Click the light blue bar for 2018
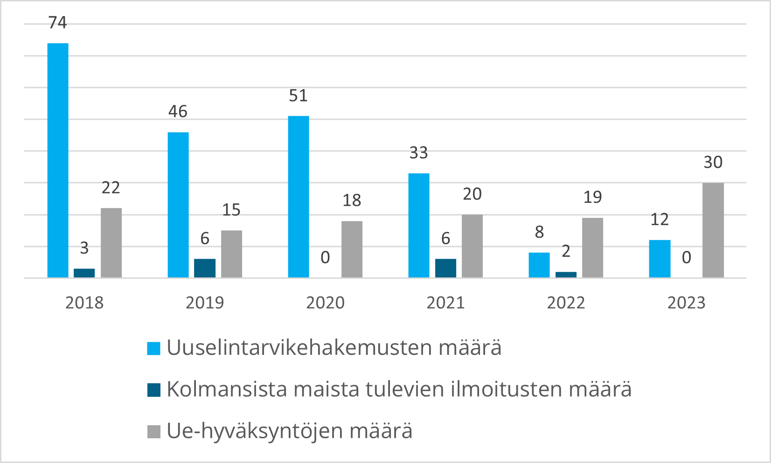[58, 160]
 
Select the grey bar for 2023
[713, 230]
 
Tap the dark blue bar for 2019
[205, 268]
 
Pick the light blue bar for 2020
[299, 197]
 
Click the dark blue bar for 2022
[566, 275]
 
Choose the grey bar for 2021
[472, 246]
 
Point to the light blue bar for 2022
[539, 265]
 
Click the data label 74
[58, 22]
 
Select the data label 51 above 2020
[299, 96]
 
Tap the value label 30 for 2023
[713, 162]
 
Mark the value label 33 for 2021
[418, 153]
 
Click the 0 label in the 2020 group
[325, 257]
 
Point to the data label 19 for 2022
[593, 197]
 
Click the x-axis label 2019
[205, 303]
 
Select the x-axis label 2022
[566, 303]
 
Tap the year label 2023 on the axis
[686, 303]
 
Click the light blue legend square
[154, 348]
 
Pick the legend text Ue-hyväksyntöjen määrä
[289, 431]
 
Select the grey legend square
[154, 431]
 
